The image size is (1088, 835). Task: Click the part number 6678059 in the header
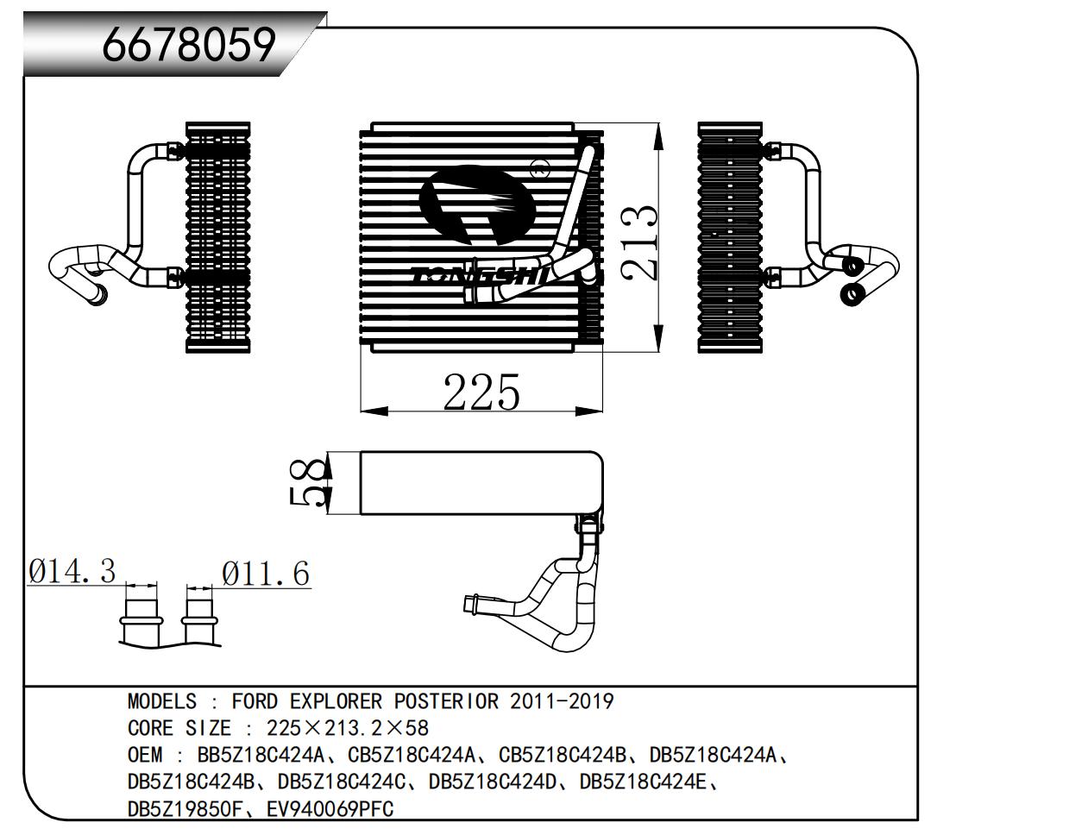click(x=189, y=45)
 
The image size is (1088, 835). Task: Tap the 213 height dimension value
click(x=638, y=242)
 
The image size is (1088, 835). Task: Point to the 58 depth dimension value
click(x=306, y=482)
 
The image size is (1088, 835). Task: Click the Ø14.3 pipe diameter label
click(x=72, y=571)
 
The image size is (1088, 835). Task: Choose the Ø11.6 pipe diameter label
click(x=266, y=573)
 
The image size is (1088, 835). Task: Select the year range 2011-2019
click(x=562, y=701)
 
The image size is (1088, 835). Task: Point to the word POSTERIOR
click(x=446, y=701)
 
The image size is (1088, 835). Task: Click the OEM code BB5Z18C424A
click(x=261, y=755)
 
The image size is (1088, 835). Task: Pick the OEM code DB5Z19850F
click(x=186, y=809)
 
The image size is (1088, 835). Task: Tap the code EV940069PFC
click(x=330, y=809)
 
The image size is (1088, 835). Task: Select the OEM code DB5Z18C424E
click(x=643, y=782)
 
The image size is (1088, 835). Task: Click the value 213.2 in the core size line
click(x=354, y=728)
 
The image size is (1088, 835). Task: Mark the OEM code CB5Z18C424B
click(x=563, y=755)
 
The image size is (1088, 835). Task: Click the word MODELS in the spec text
click(x=162, y=701)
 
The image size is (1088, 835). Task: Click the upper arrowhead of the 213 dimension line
click(x=659, y=136)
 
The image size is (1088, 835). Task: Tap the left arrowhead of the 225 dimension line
click(x=374, y=411)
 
